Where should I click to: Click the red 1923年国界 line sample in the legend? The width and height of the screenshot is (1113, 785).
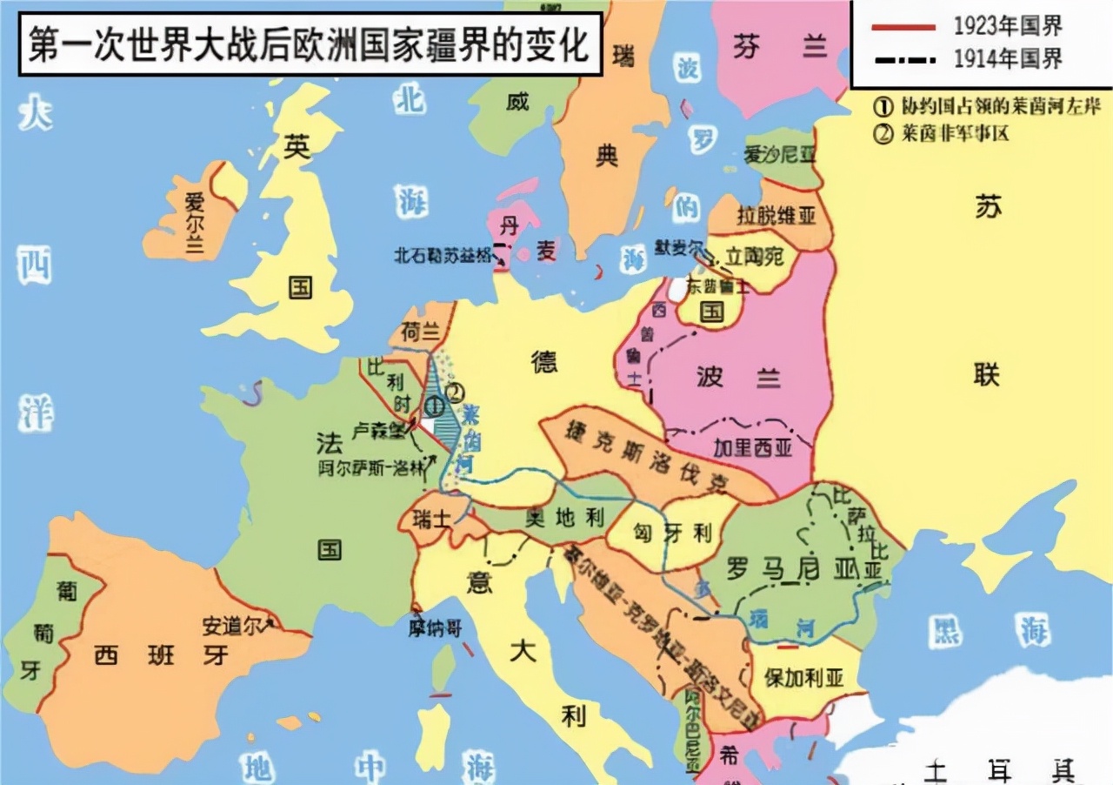coord(901,26)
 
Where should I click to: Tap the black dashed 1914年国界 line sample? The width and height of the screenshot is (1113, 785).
coord(901,59)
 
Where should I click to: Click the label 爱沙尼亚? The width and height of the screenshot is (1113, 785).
coord(780,155)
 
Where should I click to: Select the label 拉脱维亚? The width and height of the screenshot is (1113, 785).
coord(776,215)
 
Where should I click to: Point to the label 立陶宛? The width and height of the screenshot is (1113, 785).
coord(756,256)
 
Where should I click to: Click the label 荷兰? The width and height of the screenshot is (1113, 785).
coord(421,332)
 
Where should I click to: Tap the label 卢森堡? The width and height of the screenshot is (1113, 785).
coord(377,431)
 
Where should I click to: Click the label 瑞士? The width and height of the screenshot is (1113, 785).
coord(431,520)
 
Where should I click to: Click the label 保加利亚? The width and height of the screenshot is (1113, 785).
coord(803,678)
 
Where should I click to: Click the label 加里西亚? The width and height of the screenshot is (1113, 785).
coord(747,448)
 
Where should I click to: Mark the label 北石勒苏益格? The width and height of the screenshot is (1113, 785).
coord(442,256)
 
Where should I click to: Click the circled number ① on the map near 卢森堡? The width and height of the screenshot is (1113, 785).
coord(434,405)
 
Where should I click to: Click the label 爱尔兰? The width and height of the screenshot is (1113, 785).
coord(193,221)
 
